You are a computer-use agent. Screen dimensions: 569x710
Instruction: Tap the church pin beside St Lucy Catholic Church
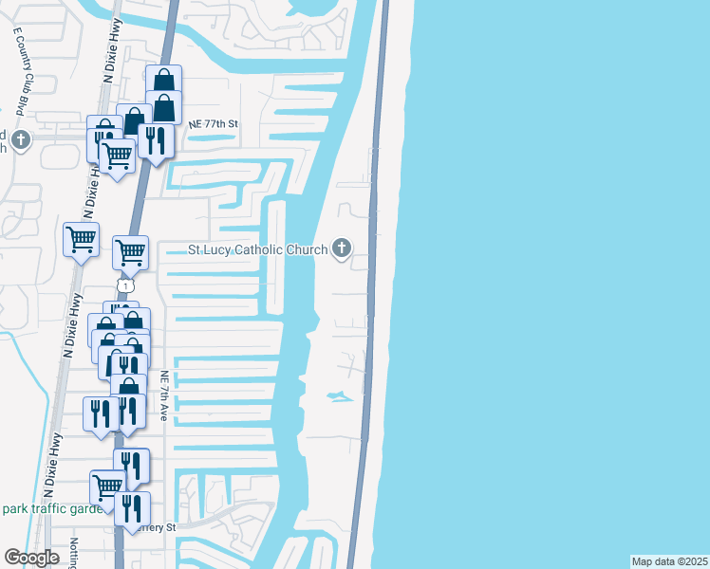click(x=342, y=249)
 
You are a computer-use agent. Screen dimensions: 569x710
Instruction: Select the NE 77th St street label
click(x=212, y=124)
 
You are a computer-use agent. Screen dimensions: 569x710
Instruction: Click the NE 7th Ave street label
click(x=164, y=395)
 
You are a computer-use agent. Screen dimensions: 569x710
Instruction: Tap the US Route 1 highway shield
click(x=125, y=284)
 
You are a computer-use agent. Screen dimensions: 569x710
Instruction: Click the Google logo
click(x=32, y=558)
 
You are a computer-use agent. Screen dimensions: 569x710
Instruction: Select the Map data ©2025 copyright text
click(x=669, y=561)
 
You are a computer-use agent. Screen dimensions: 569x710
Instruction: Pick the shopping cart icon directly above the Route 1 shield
click(x=130, y=251)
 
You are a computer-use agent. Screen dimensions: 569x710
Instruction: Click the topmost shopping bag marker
click(x=164, y=81)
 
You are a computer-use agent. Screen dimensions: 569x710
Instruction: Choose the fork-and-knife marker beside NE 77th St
click(x=154, y=139)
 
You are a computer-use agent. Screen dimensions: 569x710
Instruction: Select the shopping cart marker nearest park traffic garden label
click(x=108, y=486)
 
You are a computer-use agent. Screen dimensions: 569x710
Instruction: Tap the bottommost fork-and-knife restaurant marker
click(x=132, y=508)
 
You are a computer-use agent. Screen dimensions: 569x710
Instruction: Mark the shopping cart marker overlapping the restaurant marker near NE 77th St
click(x=118, y=154)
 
